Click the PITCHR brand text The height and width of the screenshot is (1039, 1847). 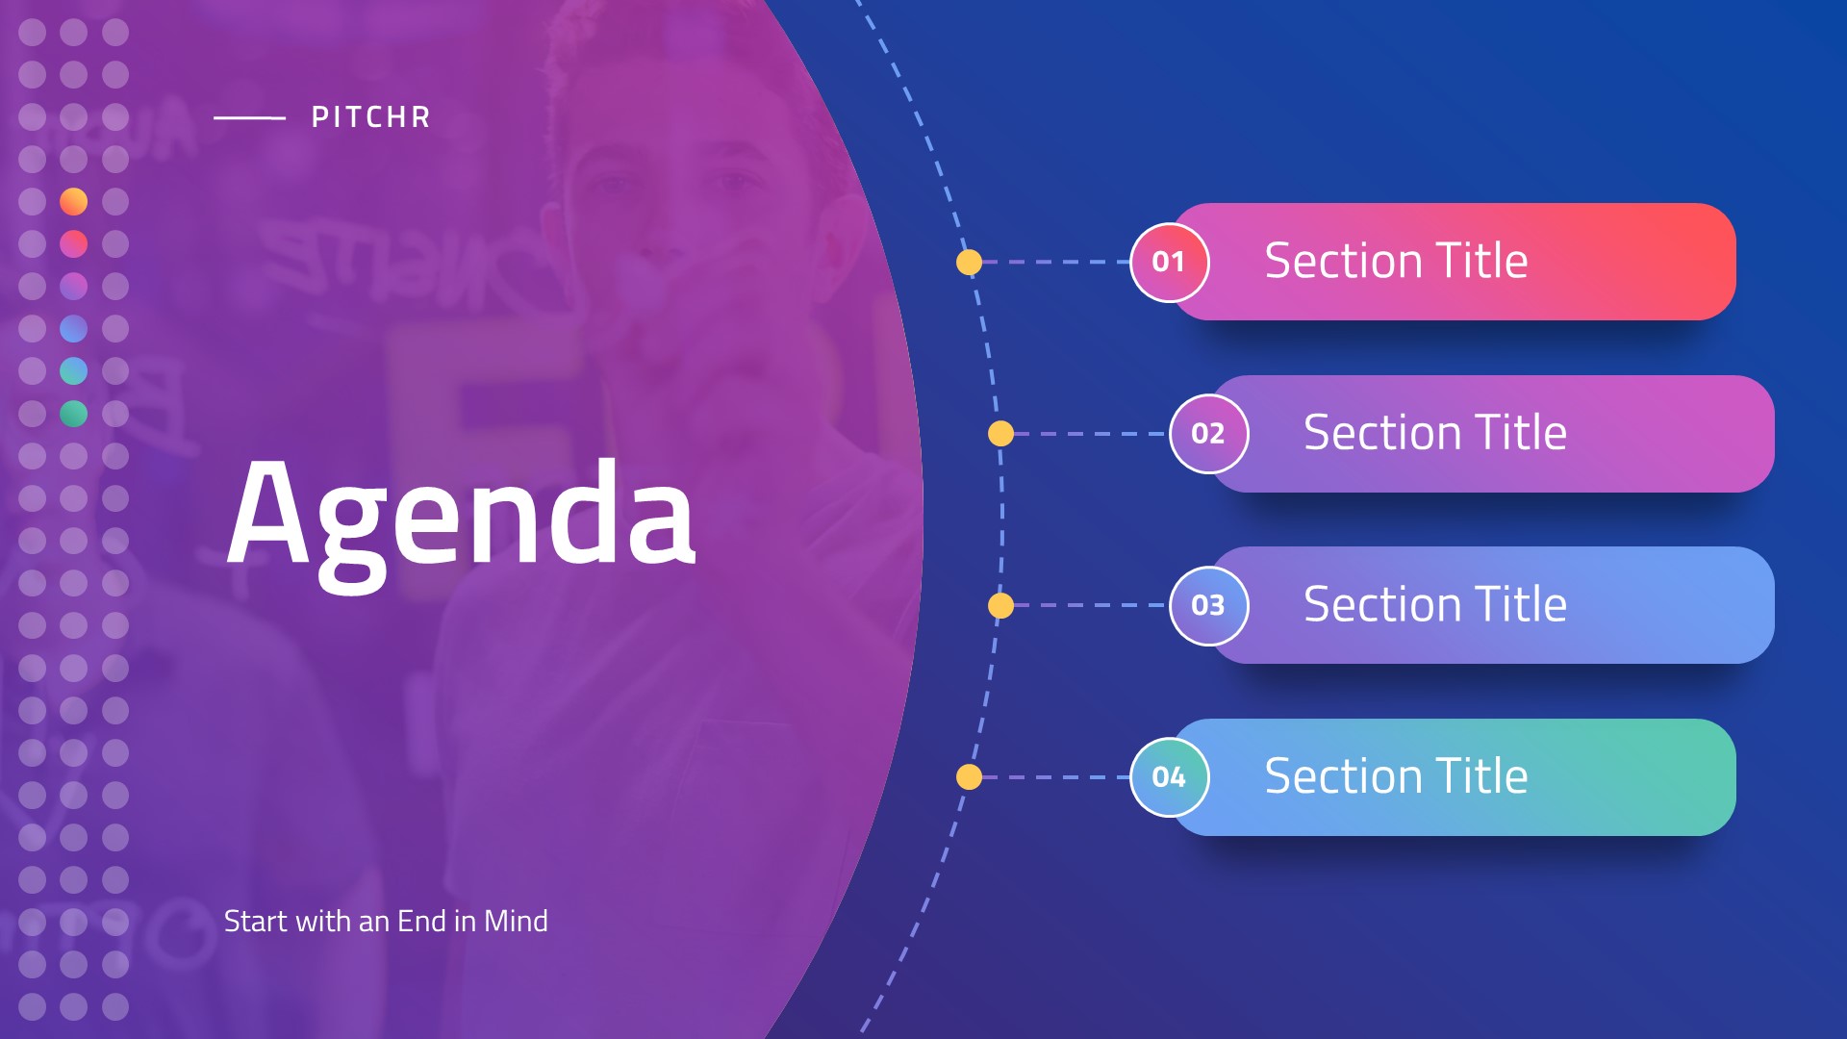tap(370, 117)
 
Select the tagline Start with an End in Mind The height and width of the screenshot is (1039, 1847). tap(386, 922)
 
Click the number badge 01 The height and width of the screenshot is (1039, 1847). tap(1169, 262)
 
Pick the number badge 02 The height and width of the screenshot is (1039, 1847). tap(1208, 434)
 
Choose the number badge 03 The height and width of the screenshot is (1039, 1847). tap(1208, 605)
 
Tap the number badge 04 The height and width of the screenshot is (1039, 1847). tap(1169, 777)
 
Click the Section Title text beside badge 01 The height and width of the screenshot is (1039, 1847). tap(1396, 261)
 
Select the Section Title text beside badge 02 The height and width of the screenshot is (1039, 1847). tap(1435, 433)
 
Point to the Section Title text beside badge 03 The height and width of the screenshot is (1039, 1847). tap(1435, 604)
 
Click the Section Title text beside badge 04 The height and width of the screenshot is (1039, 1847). tap(1396, 776)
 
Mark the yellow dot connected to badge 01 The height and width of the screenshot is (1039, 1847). tap(970, 262)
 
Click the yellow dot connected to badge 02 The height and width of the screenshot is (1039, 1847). tap(1001, 434)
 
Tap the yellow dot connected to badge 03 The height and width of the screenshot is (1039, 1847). tap(1001, 605)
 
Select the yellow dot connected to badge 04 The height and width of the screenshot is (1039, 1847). tap(970, 777)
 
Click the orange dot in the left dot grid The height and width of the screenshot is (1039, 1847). tap(74, 202)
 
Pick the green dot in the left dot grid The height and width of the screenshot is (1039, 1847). tap(74, 414)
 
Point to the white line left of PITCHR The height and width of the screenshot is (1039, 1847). tap(250, 118)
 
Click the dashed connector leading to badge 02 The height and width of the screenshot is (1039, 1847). tap(1092, 434)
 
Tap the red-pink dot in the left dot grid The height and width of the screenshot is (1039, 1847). tap(74, 244)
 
